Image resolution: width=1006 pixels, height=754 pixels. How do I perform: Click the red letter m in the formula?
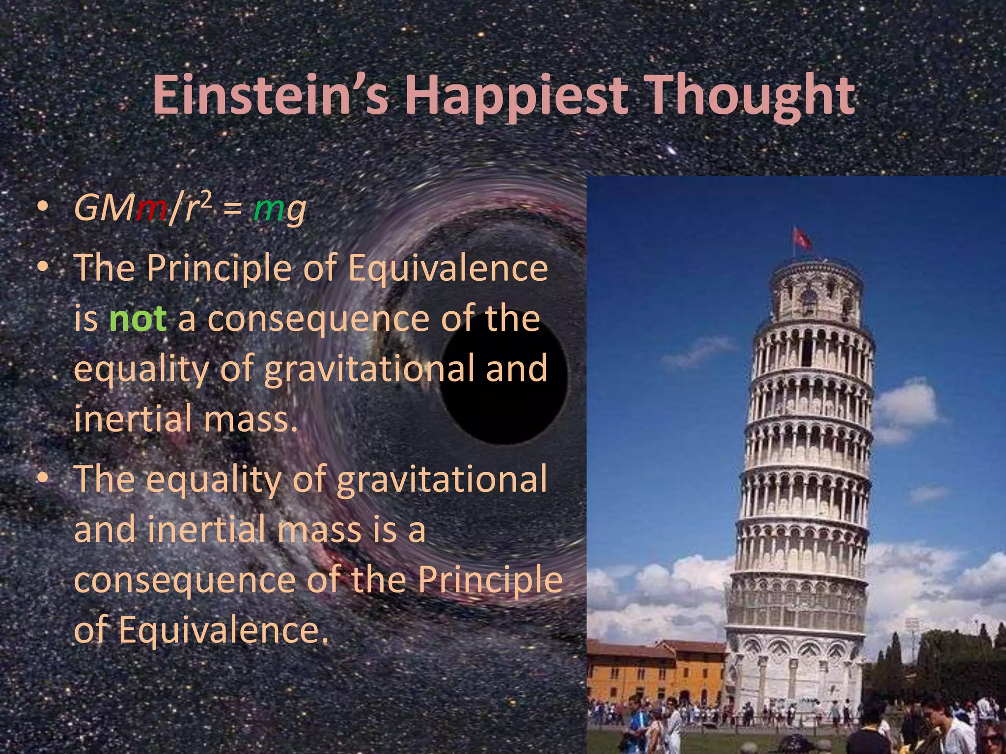pos(152,209)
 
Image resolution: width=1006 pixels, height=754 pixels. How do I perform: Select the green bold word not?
pos(138,319)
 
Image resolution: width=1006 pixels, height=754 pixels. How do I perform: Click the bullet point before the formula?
pos(43,208)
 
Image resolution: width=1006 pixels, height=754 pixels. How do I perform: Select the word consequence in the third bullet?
pos(185,580)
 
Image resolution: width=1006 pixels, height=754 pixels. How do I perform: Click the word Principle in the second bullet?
pos(219,269)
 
